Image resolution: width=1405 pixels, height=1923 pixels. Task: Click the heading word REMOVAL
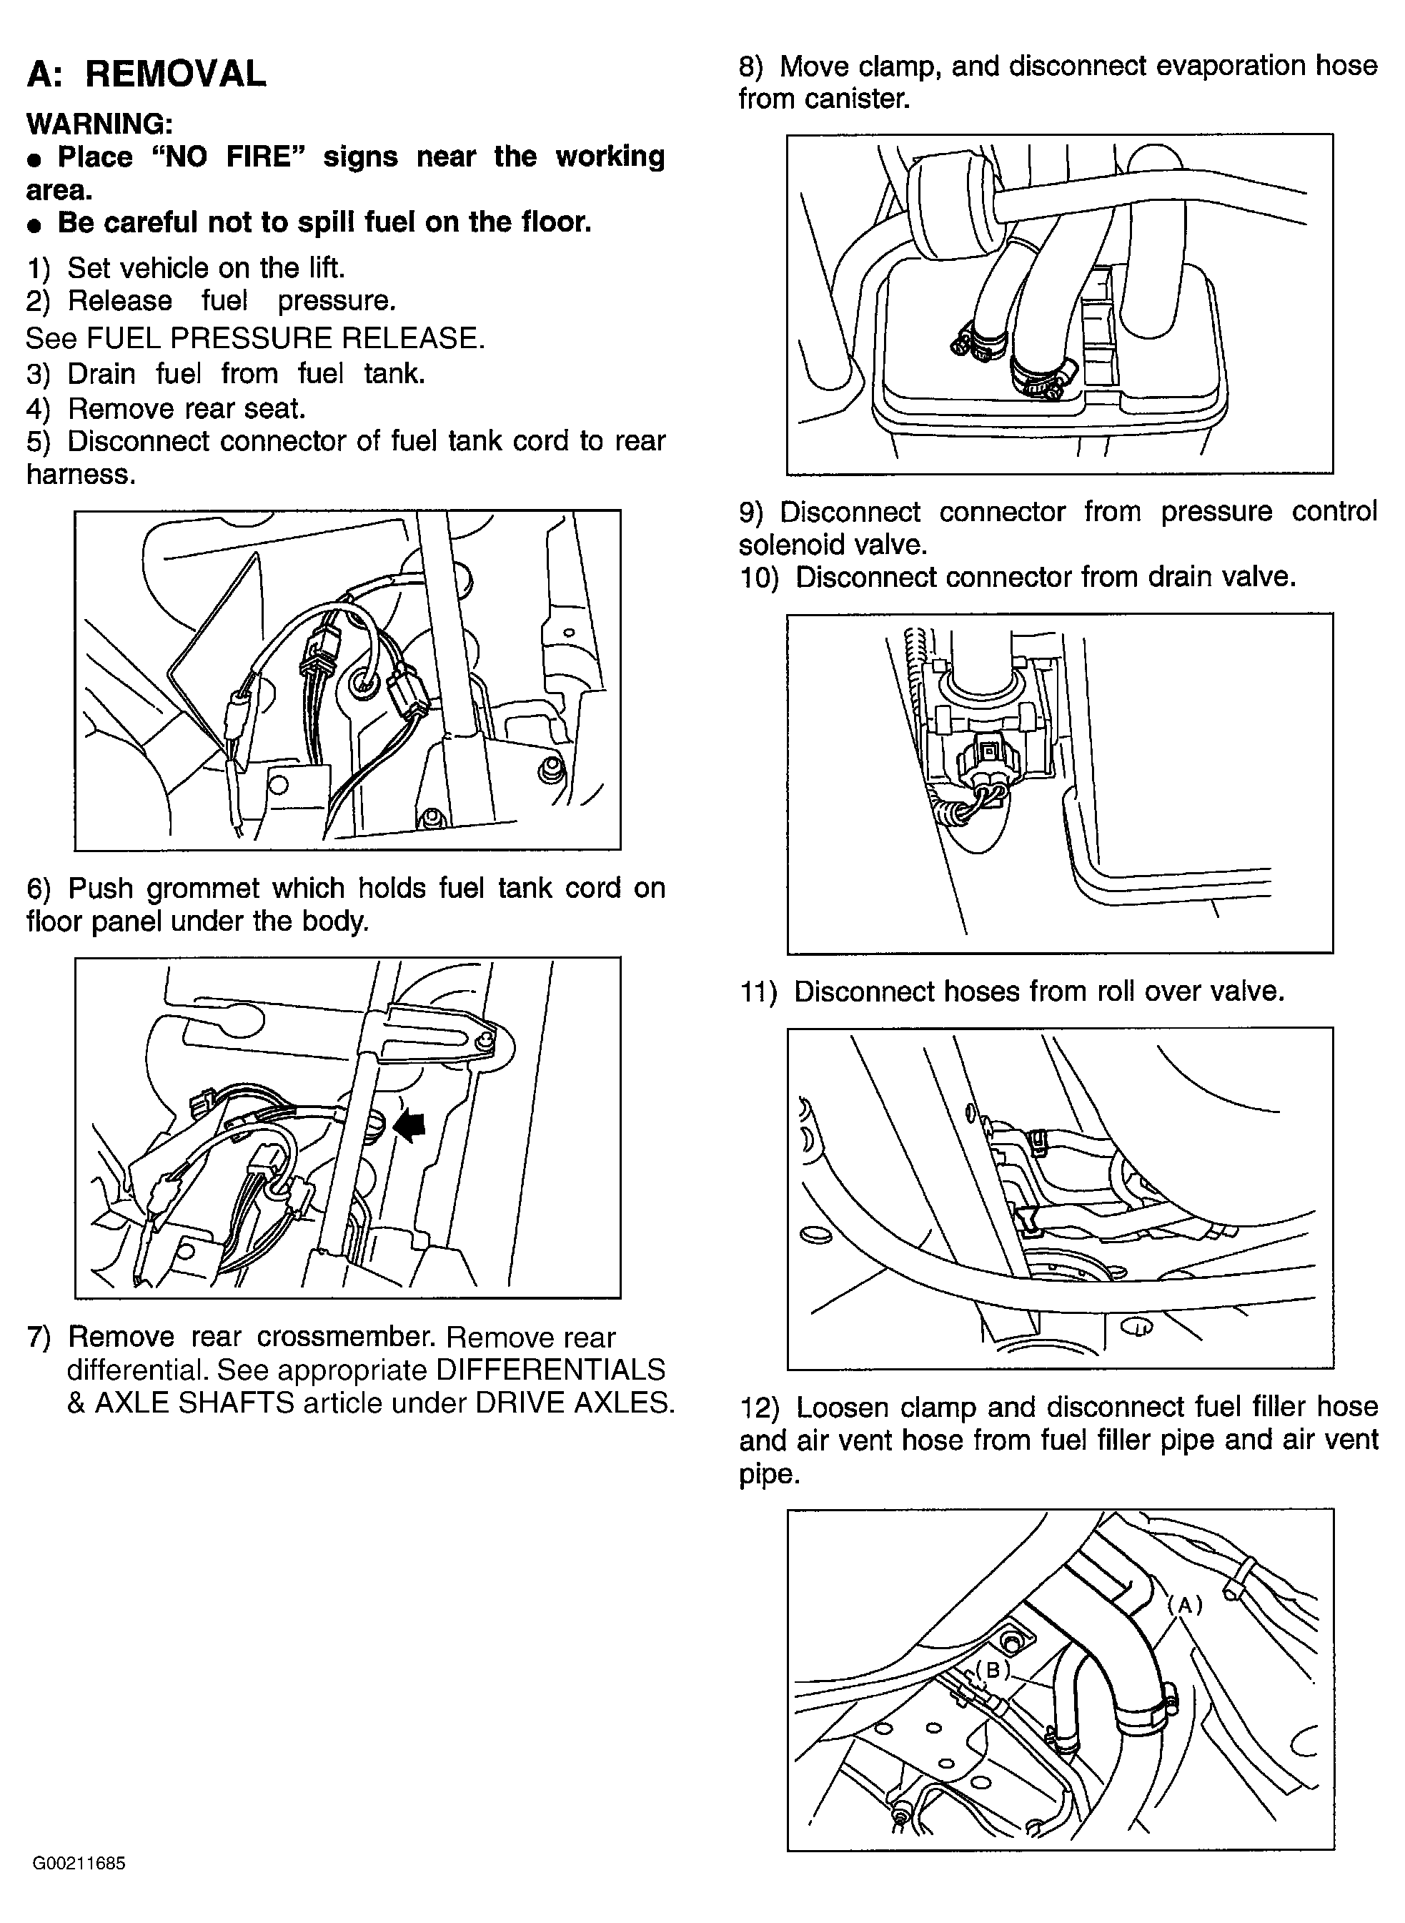tap(175, 74)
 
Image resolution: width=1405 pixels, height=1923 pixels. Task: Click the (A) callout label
tap(1185, 1605)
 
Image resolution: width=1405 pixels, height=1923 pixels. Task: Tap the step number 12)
tap(759, 1408)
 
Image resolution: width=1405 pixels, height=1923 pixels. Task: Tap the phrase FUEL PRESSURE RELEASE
tap(286, 339)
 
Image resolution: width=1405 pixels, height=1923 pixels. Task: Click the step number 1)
tap(39, 269)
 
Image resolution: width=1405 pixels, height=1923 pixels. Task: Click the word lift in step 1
tap(324, 269)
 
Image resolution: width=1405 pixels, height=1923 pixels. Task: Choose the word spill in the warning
tap(332, 224)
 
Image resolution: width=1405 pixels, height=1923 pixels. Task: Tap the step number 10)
tap(759, 578)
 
